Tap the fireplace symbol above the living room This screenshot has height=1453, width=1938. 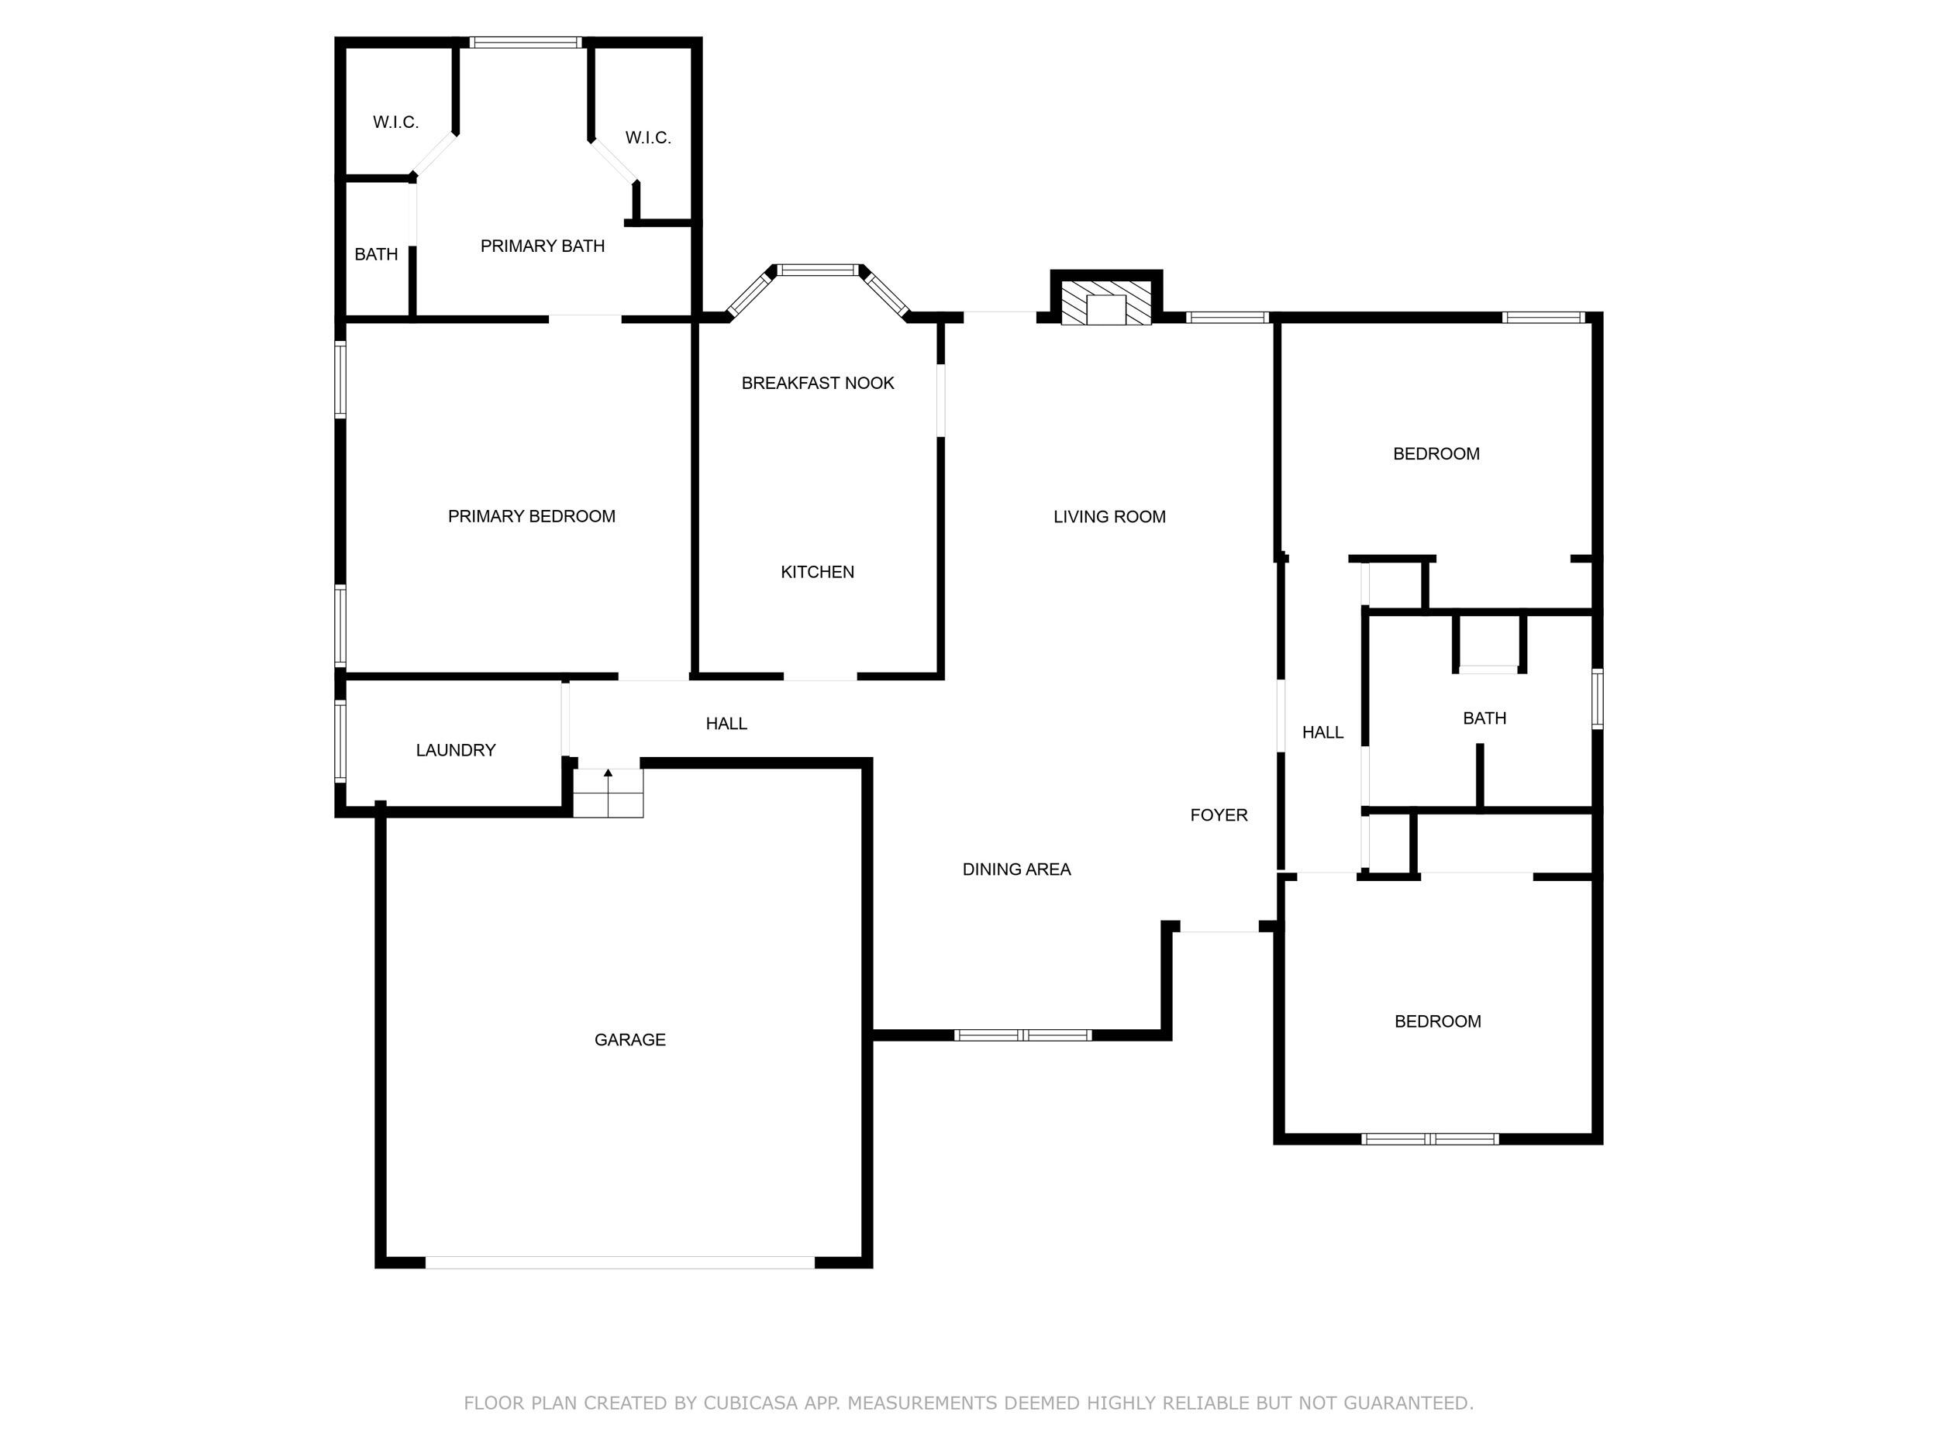tap(1105, 303)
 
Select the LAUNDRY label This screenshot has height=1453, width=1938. tap(456, 749)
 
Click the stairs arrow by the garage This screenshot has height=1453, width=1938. tap(608, 774)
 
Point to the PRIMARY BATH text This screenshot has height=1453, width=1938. tap(543, 246)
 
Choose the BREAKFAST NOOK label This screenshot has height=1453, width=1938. tap(817, 383)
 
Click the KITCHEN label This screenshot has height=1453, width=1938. tap(817, 572)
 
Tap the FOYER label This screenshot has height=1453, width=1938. tap(1219, 815)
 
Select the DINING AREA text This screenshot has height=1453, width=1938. tap(1016, 869)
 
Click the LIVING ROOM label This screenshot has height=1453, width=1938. tap(1109, 517)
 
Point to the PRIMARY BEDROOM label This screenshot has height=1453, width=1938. tap(531, 517)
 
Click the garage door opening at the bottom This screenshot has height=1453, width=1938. tap(619, 1262)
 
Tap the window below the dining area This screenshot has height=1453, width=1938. tap(1022, 1035)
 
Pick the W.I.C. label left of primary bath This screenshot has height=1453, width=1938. tap(395, 122)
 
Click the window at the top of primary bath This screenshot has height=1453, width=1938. tap(525, 42)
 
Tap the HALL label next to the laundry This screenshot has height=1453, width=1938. tap(726, 724)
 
